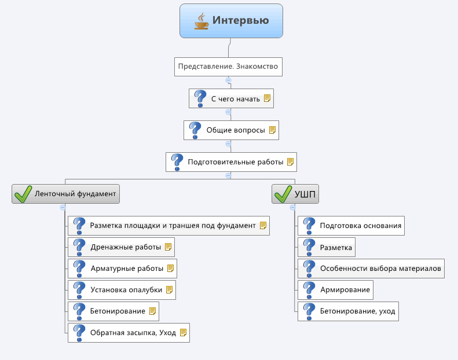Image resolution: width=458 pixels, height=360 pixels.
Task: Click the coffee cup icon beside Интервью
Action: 201,21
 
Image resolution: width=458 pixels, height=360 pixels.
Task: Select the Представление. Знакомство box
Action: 228,67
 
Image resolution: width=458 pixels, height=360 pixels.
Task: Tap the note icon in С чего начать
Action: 267,98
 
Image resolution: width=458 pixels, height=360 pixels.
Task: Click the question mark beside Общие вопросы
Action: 195,130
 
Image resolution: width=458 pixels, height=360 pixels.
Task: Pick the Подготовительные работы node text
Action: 236,162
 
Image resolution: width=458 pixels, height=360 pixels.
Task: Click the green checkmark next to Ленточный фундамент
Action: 23,194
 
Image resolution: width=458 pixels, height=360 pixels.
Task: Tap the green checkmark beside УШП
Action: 283,194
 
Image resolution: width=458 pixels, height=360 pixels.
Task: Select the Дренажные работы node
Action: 121,247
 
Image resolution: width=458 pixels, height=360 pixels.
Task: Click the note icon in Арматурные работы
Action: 170,269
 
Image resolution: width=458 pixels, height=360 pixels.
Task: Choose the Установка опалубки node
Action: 122,290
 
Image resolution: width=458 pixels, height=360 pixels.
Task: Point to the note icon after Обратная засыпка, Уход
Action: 183,333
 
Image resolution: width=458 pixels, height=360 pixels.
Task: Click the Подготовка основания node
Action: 351,226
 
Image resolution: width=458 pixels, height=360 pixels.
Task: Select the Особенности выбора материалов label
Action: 380,269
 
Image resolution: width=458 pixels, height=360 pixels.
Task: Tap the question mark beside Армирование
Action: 309,290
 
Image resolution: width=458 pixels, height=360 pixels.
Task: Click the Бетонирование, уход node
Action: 348,311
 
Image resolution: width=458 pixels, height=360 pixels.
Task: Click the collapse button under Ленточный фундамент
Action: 63,208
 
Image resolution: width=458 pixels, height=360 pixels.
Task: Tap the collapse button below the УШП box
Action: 292,208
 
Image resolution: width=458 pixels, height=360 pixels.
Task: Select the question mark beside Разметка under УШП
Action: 309,247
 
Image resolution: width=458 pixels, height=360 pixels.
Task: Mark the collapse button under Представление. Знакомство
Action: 228,80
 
